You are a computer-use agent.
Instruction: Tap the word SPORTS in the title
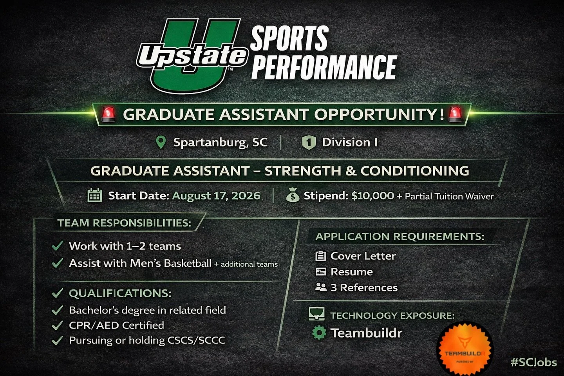coord(289,38)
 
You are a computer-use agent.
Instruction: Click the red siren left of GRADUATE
coord(108,114)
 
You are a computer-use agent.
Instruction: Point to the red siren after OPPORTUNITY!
coord(455,114)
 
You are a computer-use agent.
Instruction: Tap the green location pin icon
coord(161,142)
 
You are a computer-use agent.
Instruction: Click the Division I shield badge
coord(309,142)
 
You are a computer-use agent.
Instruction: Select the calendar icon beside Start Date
coord(95,195)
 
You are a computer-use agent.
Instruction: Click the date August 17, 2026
coord(216,195)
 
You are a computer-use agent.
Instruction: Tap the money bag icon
coord(293,195)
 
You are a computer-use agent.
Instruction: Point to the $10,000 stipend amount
coord(372,195)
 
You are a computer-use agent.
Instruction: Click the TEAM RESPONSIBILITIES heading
coord(124,223)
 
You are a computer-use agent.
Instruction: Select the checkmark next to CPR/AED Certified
coord(58,325)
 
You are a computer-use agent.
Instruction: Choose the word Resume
coord(351,272)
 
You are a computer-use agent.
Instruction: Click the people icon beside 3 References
coord(321,287)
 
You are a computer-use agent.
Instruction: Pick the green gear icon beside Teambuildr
coord(319,333)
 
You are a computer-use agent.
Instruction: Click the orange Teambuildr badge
coord(465,349)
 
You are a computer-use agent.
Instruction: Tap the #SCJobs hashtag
coord(533,362)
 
